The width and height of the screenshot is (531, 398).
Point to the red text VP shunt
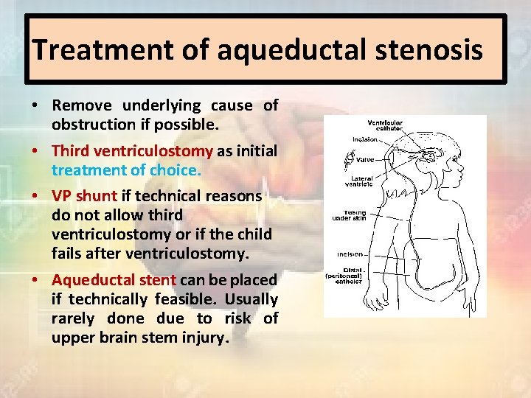click(x=84, y=196)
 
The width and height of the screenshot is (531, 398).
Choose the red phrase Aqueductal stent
click(x=113, y=280)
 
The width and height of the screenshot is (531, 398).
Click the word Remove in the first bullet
click(x=83, y=105)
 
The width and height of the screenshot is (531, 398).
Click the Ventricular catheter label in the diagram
click(x=386, y=125)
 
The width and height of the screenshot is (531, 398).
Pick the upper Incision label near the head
click(x=365, y=139)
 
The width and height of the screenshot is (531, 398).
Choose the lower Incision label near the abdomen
click(x=350, y=254)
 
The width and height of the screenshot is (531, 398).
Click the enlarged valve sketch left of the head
click(x=349, y=159)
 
